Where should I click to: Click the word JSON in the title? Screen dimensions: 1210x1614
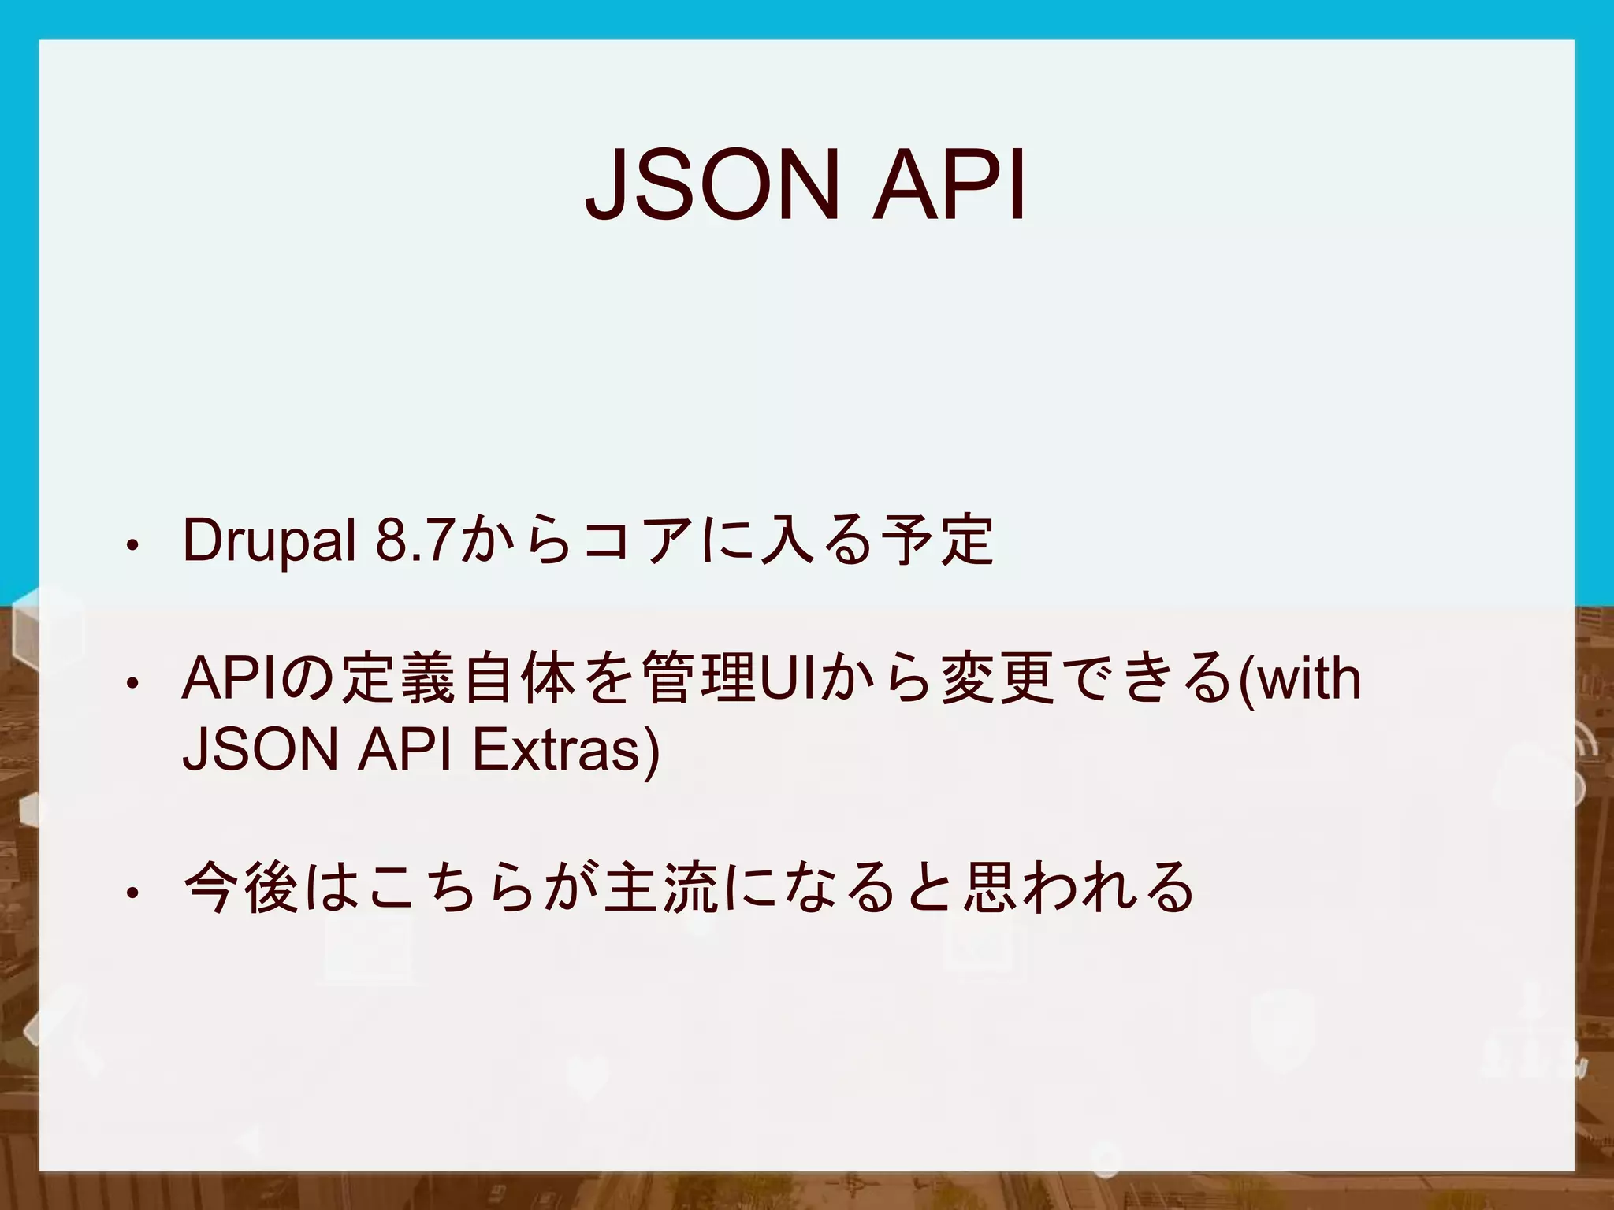coord(709,187)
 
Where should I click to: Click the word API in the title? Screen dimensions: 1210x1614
coord(949,187)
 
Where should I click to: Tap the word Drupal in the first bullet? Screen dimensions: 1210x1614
coord(269,542)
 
